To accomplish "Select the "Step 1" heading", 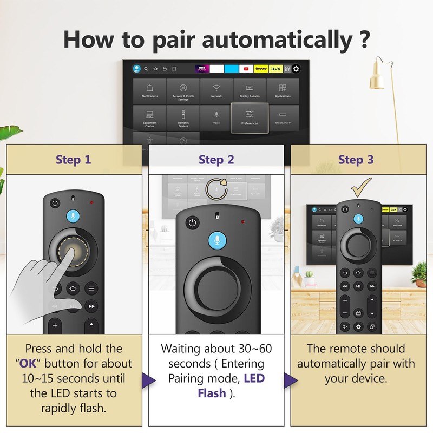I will click(x=74, y=160).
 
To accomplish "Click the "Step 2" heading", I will click(x=216, y=160).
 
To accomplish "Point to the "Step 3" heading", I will click(x=356, y=160).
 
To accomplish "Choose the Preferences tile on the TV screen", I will click(x=250, y=117).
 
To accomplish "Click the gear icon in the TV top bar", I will click(x=296, y=69).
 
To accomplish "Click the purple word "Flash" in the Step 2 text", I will click(x=212, y=393).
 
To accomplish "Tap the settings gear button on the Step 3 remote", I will click(x=358, y=327).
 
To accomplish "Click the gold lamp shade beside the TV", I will click(x=377, y=77).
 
